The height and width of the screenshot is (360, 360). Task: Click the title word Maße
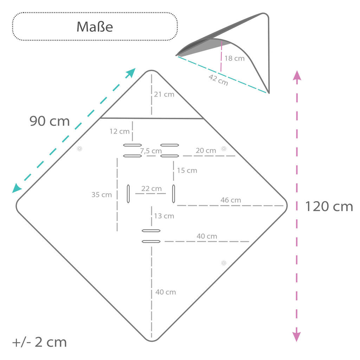[95, 27]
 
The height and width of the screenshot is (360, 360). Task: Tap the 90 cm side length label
[50, 121]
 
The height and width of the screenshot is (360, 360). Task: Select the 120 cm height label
[329, 206]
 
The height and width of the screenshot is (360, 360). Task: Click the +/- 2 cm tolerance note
[39, 342]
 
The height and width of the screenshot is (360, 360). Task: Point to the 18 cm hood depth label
[234, 58]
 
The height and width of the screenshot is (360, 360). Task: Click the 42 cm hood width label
[218, 80]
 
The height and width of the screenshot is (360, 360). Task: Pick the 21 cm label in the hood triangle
[164, 94]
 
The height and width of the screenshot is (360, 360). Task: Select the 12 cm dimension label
[120, 131]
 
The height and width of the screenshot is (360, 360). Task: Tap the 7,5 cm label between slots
[151, 151]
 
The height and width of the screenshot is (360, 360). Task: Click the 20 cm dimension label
[206, 150]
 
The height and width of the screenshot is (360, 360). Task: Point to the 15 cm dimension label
[187, 171]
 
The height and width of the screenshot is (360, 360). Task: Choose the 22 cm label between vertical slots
[152, 188]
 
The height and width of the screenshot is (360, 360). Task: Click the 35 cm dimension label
[102, 195]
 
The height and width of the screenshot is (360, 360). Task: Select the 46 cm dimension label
[231, 200]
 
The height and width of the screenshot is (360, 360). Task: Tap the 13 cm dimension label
[164, 216]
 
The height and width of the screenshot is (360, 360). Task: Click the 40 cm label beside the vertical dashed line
[166, 292]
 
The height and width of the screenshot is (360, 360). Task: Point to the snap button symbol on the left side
[79, 149]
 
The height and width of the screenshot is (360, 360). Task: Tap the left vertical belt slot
[128, 194]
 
